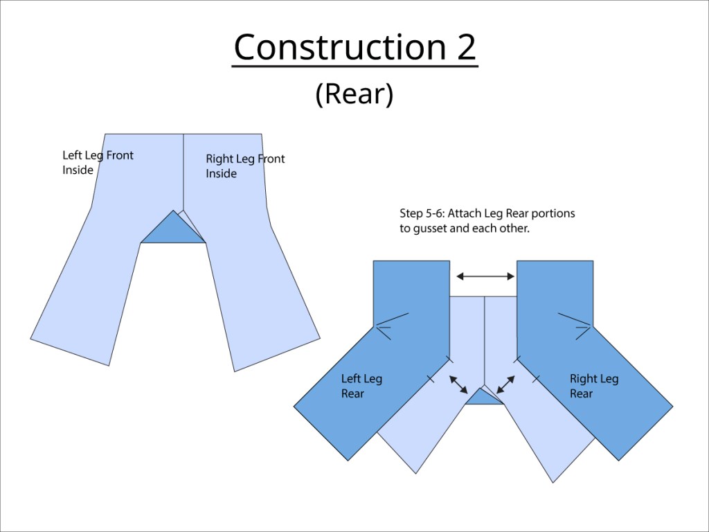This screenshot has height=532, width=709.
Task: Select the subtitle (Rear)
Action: [x=354, y=94]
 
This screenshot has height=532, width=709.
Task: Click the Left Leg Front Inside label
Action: [x=98, y=162]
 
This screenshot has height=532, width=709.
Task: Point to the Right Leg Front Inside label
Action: [x=245, y=166]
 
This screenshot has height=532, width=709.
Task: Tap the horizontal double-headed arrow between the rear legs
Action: [x=485, y=276]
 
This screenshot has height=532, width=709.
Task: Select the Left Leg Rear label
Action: [x=361, y=386]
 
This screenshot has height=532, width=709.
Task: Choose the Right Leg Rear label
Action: [x=594, y=386]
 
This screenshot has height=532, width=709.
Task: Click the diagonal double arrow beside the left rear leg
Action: [x=458, y=385]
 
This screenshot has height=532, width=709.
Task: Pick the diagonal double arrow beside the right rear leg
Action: [x=506, y=385]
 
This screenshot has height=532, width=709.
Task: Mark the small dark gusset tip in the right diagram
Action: [x=483, y=397]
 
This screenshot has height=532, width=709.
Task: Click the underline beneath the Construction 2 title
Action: [x=354, y=66]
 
